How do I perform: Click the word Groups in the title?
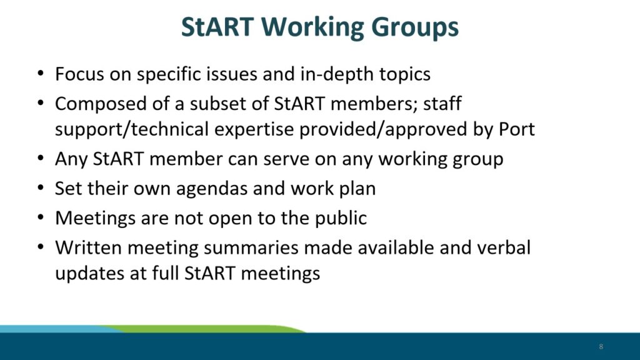tap(415, 27)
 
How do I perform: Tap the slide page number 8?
tap(601, 346)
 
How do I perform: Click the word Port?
tap(517, 129)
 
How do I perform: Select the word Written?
tap(89, 247)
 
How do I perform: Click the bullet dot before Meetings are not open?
tap(41, 217)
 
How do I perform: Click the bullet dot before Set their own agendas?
tap(41, 187)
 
